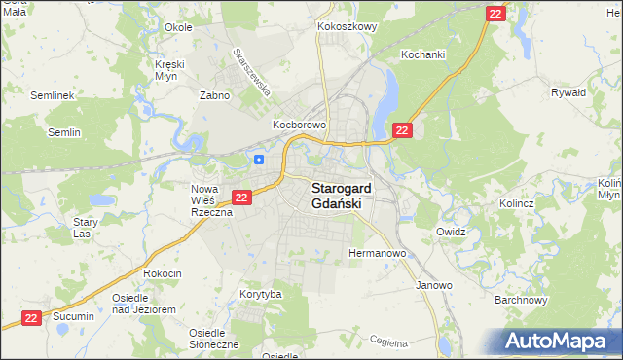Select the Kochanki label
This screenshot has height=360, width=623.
(x=422, y=54)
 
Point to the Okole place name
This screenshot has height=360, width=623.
(x=178, y=27)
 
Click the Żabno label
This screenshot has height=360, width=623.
(x=213, y=95)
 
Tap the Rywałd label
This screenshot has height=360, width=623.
(x=568, y=92)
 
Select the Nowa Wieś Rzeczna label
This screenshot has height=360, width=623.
(x=210, y=199)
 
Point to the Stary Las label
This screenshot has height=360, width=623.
(x=86, y=228)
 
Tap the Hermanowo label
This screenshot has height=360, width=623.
(x=377, y=253)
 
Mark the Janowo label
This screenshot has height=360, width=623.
(x=434, y=285)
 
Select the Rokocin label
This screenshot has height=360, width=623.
(x=163, y=273)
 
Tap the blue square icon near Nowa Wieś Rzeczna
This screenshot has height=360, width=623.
(x=259, y=160)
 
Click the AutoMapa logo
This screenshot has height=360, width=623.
(x=560, y=342)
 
